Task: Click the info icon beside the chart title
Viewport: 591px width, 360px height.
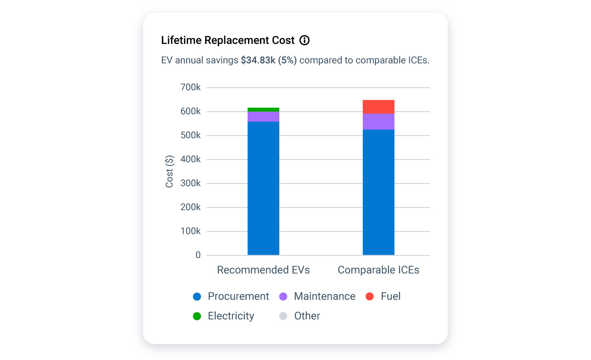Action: click(x=304, y=40)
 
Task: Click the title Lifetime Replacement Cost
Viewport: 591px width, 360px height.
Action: click(x=228, y=40)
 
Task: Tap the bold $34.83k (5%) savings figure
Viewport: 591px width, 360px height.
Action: click(x=269, y=60)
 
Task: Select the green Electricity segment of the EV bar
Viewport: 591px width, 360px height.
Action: click(x=263, y=110)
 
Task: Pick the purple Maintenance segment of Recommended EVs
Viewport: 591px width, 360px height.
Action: click(x=263, y=117)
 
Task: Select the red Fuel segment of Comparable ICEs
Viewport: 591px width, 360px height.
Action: click(x=378, y=107)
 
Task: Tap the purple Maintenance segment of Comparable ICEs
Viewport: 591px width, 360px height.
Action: click(x=378, y=122)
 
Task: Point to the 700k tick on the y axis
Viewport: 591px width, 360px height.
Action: click(x=190, y=87)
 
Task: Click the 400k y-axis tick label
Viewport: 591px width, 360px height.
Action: click(x=190, y=159)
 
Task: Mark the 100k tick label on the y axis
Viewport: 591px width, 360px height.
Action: click(x=190, y=231)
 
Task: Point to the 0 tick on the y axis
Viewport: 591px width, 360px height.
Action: click(x=198, y=255)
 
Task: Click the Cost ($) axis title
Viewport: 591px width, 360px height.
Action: click(x=169, y=171)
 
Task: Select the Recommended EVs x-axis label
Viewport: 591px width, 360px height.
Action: click(x=263, y=270)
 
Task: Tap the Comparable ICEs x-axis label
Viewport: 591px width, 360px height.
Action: click(x=378, y=270)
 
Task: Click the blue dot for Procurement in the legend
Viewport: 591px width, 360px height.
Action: click(x=197, y=296)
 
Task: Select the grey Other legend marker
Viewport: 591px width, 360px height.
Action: click(x=283, y=316)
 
